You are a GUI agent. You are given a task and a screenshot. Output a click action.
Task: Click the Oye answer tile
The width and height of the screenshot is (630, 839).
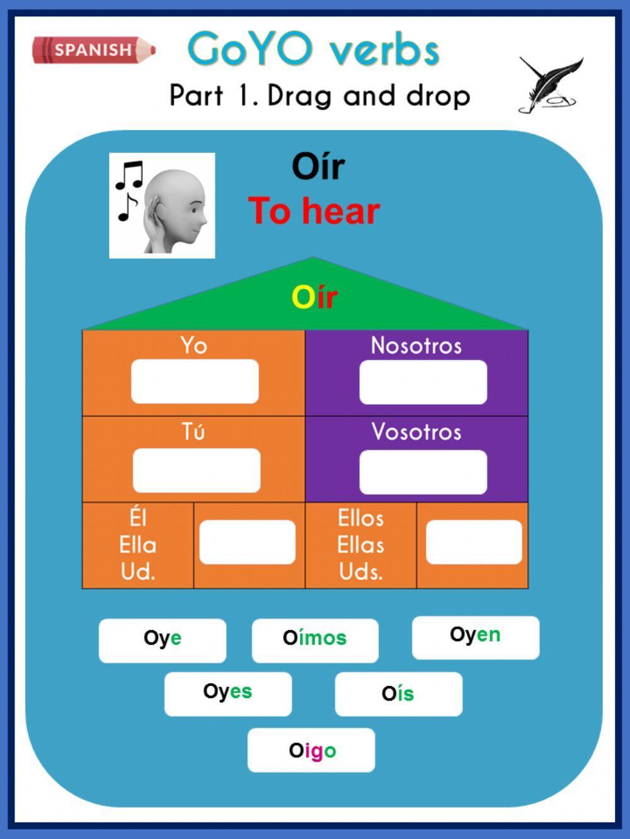162,640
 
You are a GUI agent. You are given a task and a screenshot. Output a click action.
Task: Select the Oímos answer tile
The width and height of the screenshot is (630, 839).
315,640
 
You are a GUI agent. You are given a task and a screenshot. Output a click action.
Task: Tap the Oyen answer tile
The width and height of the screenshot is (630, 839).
475,637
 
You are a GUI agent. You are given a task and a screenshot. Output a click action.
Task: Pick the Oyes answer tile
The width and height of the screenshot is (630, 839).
227,694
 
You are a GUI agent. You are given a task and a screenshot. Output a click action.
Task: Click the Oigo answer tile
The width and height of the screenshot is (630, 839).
311,750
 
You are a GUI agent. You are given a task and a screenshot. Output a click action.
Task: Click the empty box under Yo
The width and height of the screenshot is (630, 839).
195,381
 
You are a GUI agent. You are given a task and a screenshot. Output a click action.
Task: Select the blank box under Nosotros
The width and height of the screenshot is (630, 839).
423,382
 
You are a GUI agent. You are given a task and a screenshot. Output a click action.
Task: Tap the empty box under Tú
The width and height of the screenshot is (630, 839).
196,470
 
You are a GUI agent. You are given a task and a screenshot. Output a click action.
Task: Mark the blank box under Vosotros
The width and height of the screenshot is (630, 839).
423,471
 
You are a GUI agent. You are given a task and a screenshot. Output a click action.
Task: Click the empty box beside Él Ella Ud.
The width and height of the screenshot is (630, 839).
247,542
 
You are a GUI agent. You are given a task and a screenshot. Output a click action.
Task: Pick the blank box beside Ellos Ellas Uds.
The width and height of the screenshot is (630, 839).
473,542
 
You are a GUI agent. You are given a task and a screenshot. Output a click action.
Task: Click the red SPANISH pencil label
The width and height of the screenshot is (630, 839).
93,50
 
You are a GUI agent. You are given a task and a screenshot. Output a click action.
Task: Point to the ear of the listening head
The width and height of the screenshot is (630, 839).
154,208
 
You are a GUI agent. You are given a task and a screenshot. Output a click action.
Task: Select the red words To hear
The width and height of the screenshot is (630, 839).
314,211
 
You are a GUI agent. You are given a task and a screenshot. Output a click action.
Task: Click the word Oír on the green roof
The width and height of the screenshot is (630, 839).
314,297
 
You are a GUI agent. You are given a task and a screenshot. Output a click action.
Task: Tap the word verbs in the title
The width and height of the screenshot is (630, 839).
384,50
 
